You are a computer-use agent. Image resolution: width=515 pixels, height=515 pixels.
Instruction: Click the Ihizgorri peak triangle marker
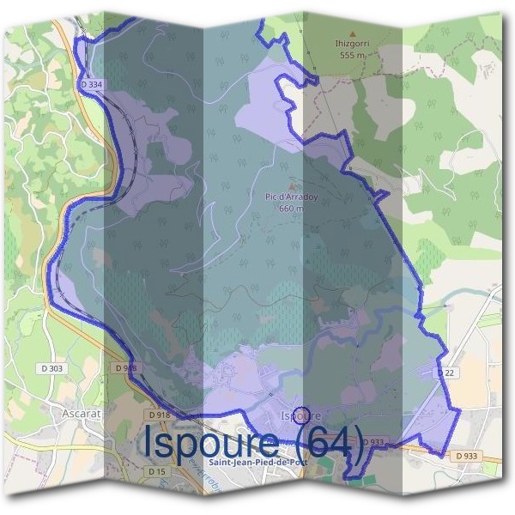click(352, 34)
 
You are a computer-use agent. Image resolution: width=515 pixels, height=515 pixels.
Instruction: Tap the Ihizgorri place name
click(352, 43)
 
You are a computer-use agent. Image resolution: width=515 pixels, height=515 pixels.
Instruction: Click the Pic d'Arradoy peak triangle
click(292, 185)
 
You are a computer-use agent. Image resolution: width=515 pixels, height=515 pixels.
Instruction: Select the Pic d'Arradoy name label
click(292, 196)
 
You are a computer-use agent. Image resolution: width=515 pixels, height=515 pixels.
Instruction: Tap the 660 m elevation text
click(292, 207)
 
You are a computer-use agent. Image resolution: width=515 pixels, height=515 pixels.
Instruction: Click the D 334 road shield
click(90, 85)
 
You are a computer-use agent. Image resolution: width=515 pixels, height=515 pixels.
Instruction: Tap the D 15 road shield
click(156, 471)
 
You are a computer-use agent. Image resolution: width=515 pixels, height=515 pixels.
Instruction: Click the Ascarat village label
click(82, 413)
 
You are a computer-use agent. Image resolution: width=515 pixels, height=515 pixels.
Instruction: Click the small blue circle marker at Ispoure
click(301, 413)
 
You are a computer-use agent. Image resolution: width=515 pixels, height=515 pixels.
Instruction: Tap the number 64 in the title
click(321, 442)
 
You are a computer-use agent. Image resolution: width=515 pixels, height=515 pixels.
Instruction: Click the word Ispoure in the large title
click(209, 442)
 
